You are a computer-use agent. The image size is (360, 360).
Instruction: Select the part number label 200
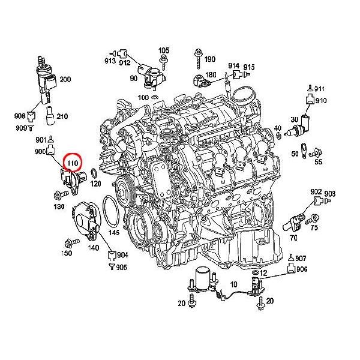[x=65, y=79]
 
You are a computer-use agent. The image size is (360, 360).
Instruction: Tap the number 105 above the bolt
[x=164, y=50]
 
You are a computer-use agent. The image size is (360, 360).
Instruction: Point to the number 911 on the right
[x=319, y=89]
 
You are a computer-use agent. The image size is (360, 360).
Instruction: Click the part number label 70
[x=293, y=238]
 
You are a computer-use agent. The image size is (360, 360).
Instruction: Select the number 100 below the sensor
[x=143, y=97]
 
